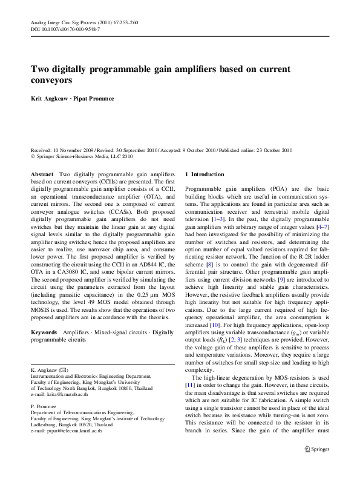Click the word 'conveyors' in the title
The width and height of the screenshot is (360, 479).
point(53,79)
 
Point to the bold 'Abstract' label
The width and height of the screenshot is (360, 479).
point(42,174)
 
